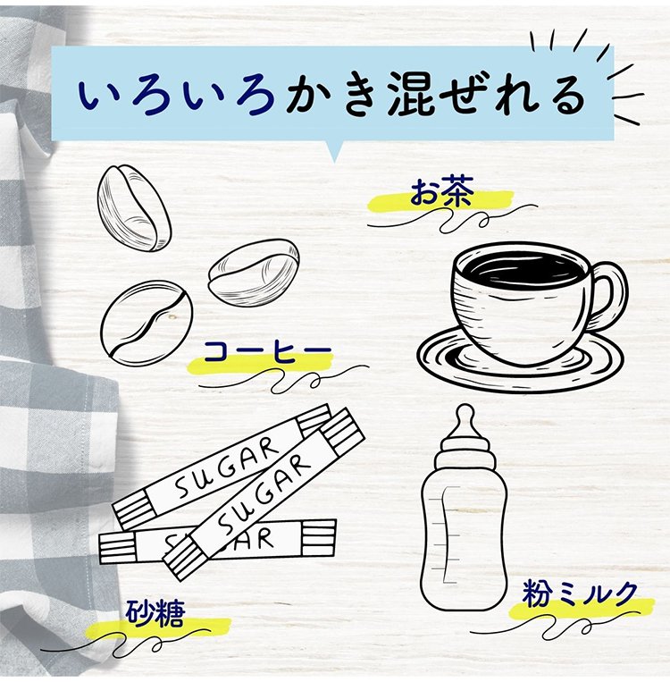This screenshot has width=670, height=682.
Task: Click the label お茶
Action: point(440,194)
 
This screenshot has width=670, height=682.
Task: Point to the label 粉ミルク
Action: point(581,594)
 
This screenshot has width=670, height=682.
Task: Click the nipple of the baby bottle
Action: point(463,420)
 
